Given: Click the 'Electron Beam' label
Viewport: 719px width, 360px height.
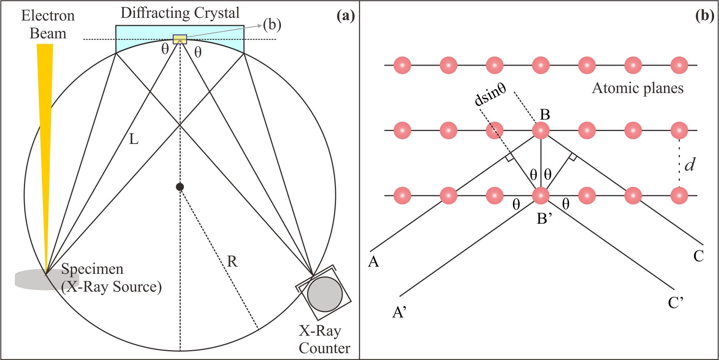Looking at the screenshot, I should pos(48,24).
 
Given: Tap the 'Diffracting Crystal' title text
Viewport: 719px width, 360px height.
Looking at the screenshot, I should pos(180,13).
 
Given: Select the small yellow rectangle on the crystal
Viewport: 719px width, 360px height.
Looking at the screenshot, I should pos(180,39).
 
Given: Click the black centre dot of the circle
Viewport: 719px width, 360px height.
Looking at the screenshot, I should pos(180,187).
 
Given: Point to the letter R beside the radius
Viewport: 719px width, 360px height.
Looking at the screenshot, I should pos(232,262).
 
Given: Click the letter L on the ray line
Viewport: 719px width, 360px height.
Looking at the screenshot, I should pos(134,139).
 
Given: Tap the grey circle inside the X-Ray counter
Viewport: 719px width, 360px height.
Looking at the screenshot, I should pos(325,294).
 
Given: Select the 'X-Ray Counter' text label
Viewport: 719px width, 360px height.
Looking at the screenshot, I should pos(324,339).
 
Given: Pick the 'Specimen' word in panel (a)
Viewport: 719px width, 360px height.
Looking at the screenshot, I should pos(92,269).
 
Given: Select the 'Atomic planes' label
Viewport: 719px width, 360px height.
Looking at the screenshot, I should pos(638,88).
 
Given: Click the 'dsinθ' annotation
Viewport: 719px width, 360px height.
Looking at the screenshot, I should pos(490,95).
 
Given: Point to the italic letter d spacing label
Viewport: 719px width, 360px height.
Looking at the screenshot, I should pos(689,164).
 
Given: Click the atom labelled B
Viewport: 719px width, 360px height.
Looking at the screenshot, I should pos(541,131).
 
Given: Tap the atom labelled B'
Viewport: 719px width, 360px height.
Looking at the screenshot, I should pos(541,196).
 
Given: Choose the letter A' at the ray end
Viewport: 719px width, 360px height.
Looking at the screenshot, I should pos(399,312).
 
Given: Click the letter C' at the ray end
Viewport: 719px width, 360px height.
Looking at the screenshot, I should pos(676,303).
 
